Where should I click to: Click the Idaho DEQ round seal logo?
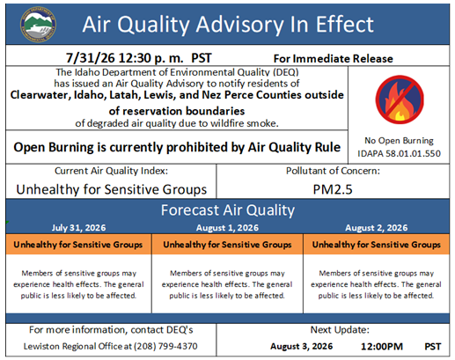(38, 25)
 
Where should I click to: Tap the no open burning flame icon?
(400, 99)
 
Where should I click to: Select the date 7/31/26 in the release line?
(90, 58)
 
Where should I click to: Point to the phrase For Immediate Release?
(333, 59)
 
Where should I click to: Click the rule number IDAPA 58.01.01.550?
(399, 153)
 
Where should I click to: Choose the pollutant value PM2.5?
(333, 189)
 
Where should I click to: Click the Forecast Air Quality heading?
(228, 210)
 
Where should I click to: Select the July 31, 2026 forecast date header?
(78, 228)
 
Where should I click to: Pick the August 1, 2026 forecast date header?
(227, 228)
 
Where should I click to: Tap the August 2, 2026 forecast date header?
(377, 228)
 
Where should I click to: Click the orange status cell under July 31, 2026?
(78, 244)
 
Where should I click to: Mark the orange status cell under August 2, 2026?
(377, 244)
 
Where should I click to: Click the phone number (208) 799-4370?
(165, 346)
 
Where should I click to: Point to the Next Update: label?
(340, 330)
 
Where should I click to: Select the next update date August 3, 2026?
(302, 346)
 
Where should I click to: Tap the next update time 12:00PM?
(382, 346)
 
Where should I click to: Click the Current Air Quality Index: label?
(111, 171)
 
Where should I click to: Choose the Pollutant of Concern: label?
(333, 171)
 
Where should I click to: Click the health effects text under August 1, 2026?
(227, 284)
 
